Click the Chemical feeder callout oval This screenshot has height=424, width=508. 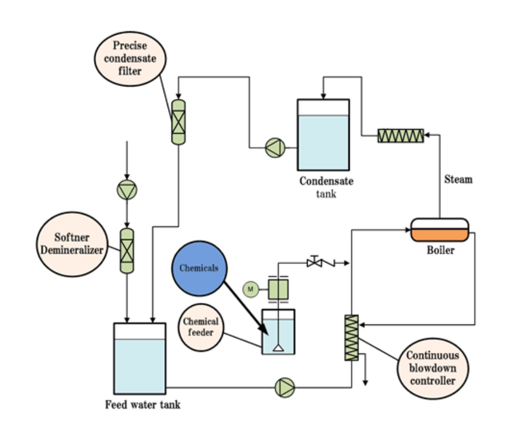pyautogui.click(x=200, y=327)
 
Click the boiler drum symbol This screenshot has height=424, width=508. pyautogui.click(x=440, y=229)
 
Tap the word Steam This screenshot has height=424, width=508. pyautogui.click(x=458, y=179)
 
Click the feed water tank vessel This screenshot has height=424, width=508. pyautogui.click(x=140, y=358)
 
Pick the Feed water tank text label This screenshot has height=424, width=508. pyautogui.click(x=142, y=405)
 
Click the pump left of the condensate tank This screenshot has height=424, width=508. pyautogui.click(x=275, y=148)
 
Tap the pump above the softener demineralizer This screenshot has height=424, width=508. pyautogui.click(x=126, y=189)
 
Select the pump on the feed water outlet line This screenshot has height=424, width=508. pyautogui.click(x=285, y=387)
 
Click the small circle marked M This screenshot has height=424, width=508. pyautogui.click(x=249, y=288)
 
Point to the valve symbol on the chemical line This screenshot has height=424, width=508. pyautogui.click(x=314, y=263)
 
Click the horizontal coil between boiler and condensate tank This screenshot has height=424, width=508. pyautogui.click(x=401, y=135)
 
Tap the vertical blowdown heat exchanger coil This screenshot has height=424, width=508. pyautogui.click(x=351, y=338)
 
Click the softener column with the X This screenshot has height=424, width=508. pyautogui.click(x=126, y=251)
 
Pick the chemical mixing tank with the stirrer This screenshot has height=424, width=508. pyautogui.click(x=278, y=332)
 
